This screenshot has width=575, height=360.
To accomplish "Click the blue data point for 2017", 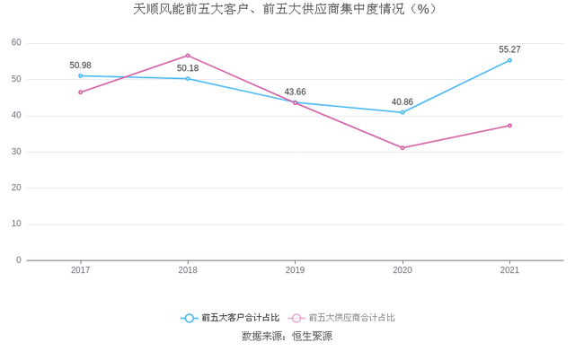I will click(80, 75).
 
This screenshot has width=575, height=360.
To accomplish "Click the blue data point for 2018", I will click(188, 79).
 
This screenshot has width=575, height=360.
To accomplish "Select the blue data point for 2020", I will click(402, 112).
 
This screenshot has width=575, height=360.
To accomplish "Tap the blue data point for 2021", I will click(509, 60).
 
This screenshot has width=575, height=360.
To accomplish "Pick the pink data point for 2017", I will click(80, 92).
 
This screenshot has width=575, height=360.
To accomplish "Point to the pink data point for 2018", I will click(188, 56).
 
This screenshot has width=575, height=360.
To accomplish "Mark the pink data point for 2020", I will click(402, 147).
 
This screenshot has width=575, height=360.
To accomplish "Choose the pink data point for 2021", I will click(509, 126).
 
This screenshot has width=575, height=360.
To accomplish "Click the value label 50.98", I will click(81, 65).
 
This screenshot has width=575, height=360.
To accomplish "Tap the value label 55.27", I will click(509, 49).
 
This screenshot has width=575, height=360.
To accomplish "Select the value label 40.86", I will click(402, 101).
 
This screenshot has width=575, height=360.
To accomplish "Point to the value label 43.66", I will click(296, 92).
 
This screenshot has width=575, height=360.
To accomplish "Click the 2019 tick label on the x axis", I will click(296, 269).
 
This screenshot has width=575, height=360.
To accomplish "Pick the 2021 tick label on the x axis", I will click(509, 269).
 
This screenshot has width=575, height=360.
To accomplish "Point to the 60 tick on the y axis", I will click(17, 43).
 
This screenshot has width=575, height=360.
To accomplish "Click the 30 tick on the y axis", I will click(17, 152).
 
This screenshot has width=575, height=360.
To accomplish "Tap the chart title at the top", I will click(287, 10).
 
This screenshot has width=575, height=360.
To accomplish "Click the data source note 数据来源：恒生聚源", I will click(287, 337).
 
